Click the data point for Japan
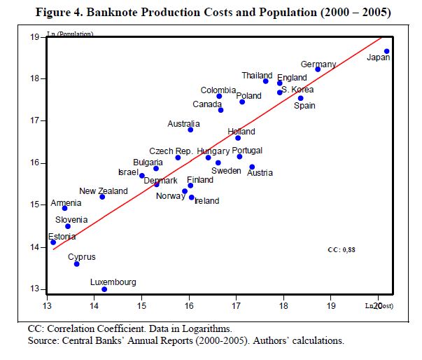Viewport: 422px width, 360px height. pyautogui.click(x=386, y=51)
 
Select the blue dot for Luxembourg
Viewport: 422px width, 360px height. pyautogui.click(x=104, y=289)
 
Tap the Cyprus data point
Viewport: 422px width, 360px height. pyautogui.click(x=77, y=264)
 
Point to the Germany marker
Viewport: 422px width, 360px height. pyautogui.click(x=318, y=69)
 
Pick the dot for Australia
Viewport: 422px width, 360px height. pyautogui.click(x=190, y=130)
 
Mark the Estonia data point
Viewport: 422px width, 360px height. pyautogui.click(x=53, y=242)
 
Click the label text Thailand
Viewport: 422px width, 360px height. pyautogui.click(x=257, y=76)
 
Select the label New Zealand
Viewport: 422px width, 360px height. pyautogui.click(x=103, y=191)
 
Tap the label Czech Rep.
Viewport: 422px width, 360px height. pyautogui.click(x=171, y=151)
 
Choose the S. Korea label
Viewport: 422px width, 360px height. pyautogui.click(x=297, y=90)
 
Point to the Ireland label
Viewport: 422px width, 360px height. pyautogui.click(x=206, y=201)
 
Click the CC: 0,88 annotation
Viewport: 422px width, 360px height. pyautogui.click(x=342, y=249)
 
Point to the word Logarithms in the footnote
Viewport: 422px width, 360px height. pyautogui.click(x=205, y=328)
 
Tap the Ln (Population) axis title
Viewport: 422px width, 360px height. pyautogui.click(x=71, y=34)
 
